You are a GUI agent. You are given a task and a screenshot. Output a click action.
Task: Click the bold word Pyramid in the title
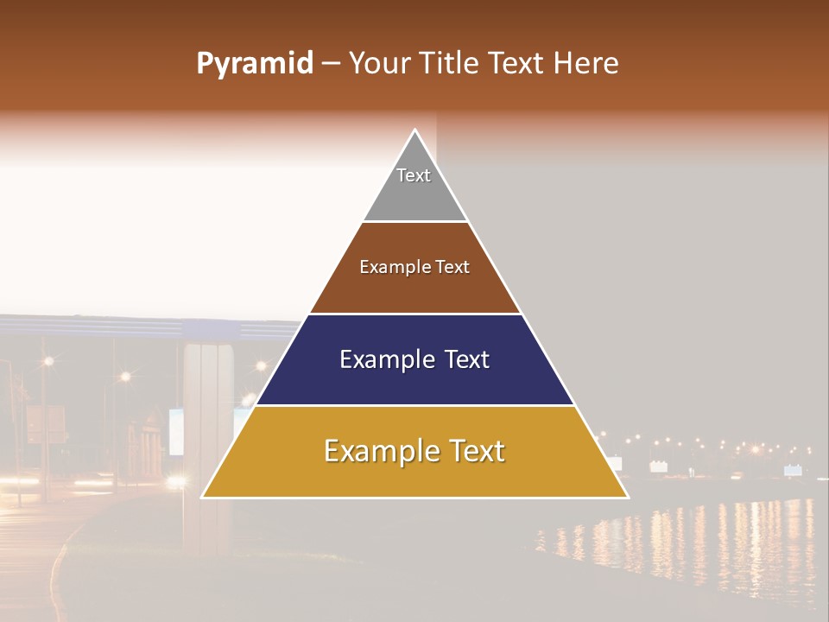click(x=254, y=64)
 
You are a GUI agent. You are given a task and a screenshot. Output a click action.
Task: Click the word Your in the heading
click(x=380, y=64)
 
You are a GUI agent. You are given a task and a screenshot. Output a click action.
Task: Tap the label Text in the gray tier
click(x=414, y=175)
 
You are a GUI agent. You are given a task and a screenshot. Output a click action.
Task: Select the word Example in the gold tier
click(x=378, y=451)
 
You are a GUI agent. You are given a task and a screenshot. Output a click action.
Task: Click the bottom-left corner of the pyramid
click(x=203, y=497)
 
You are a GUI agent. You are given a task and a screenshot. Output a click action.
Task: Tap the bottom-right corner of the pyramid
click(x=627, y=497)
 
